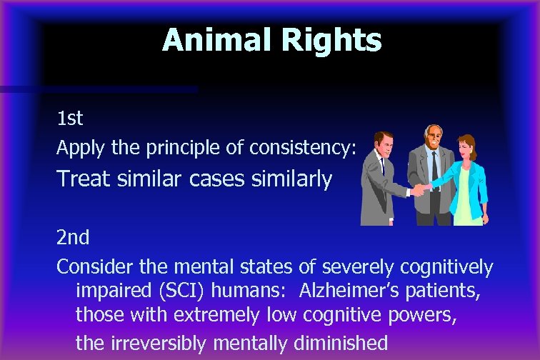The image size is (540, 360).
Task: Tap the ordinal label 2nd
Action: point(73,236)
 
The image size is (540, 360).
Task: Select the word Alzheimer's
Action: point(346,291)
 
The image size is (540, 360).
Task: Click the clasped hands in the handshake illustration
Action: point(418,190)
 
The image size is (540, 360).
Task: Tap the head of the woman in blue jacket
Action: point(467,148)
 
